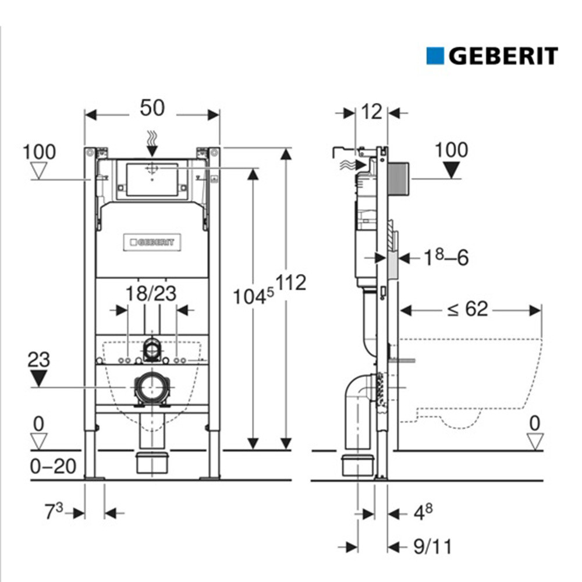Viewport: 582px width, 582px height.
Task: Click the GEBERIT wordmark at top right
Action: tap(503, 56)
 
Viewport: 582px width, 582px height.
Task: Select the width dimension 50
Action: tap(152, 108)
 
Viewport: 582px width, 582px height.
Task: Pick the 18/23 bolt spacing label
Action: tap(151, 293)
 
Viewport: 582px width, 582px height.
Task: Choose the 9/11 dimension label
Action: tap(431, 546)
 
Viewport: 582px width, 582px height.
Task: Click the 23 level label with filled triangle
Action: tap(38, 360)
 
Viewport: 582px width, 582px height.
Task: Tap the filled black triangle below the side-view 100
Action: tap(451, 170)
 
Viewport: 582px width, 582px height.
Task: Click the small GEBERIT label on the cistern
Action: tap(152, 242)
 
